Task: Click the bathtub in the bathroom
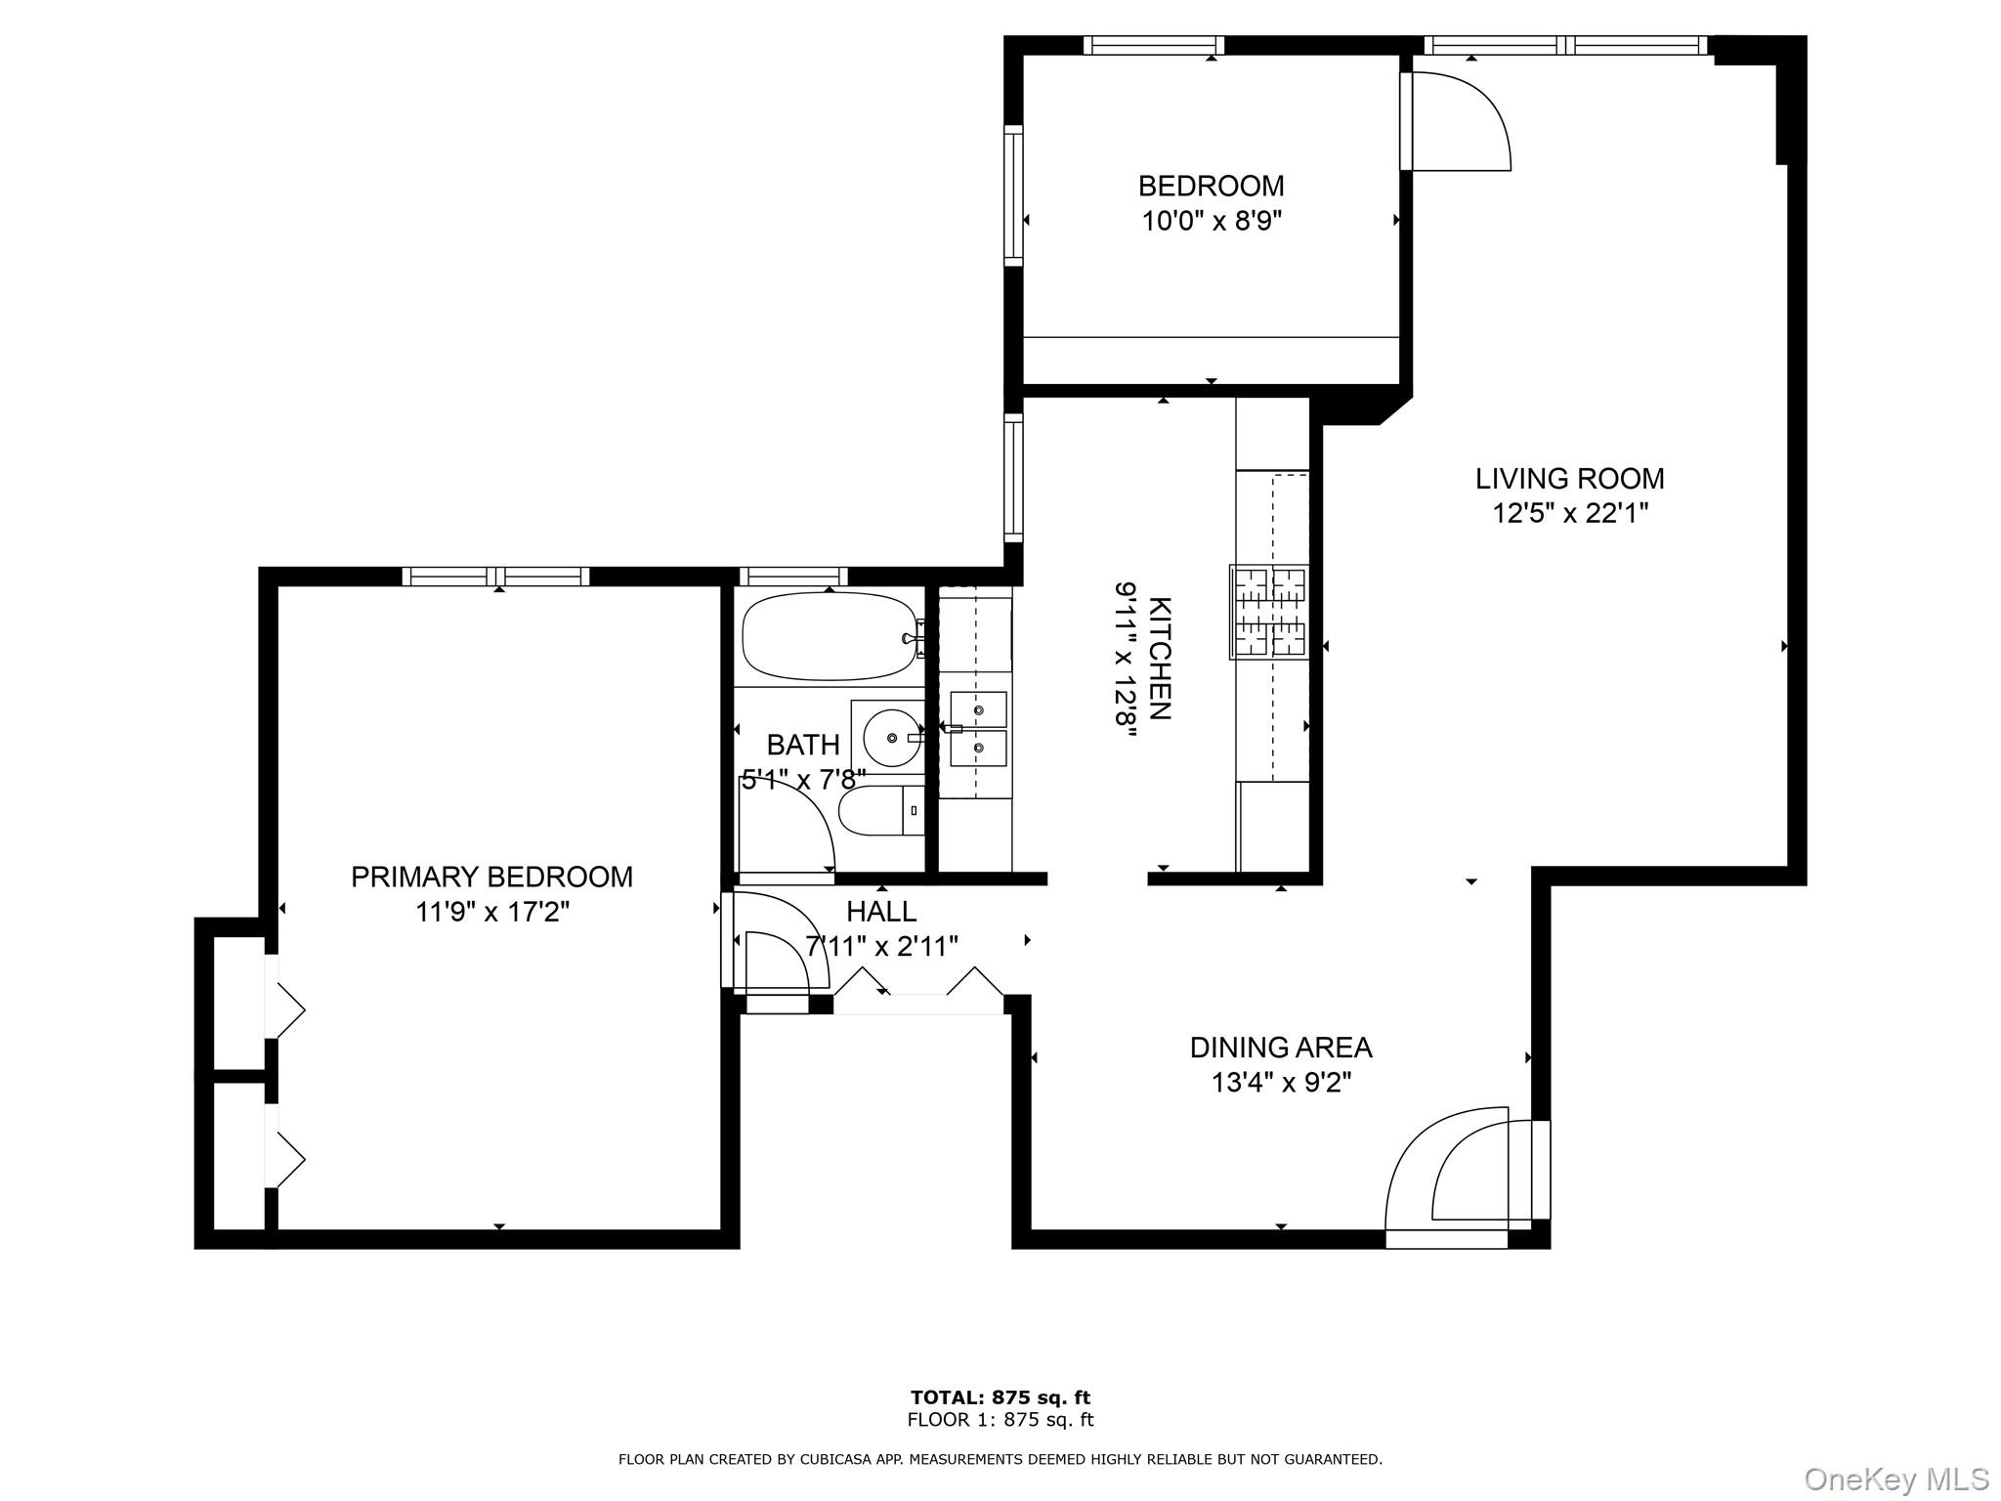(x=829, y=636)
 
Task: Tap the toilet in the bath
(x=879, y=811)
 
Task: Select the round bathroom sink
(x=891, y=738)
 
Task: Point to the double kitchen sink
(x=978, y=728)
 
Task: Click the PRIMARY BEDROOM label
(x=491, y=877)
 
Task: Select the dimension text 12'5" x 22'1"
(x=1569, y=513)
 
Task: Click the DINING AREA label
(x=1280, y=1048)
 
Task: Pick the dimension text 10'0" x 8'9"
(x=1211, y=221)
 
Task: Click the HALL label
(x=880, y=912)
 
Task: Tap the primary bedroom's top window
(x=495, y=577)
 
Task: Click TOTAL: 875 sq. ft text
(x=1000, y=1397)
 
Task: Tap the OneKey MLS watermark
(x=1895, y=1480)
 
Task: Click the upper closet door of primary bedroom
(x=284, y=1008)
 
